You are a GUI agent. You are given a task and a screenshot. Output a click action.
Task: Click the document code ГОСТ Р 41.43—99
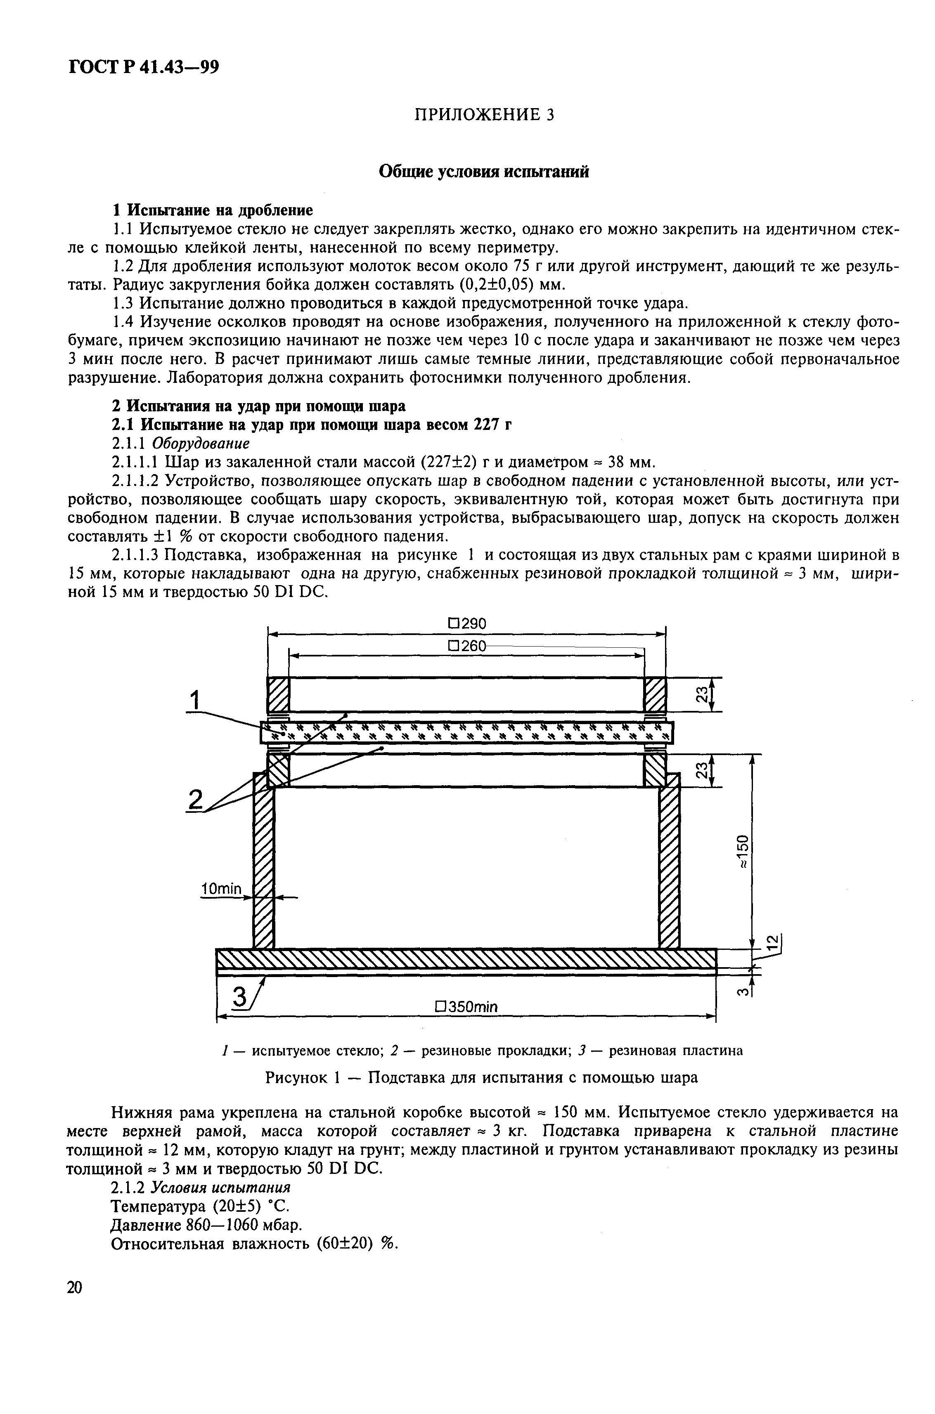[144, 67]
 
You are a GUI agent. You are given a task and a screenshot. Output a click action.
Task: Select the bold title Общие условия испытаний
[484, 172]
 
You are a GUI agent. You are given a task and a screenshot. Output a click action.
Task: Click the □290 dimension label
[467, 623]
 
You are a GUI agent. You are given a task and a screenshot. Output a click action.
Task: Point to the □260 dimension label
[467, 646]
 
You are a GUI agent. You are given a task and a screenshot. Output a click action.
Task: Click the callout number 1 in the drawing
[195, 700]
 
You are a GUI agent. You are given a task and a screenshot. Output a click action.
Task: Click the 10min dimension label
[221, 889]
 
